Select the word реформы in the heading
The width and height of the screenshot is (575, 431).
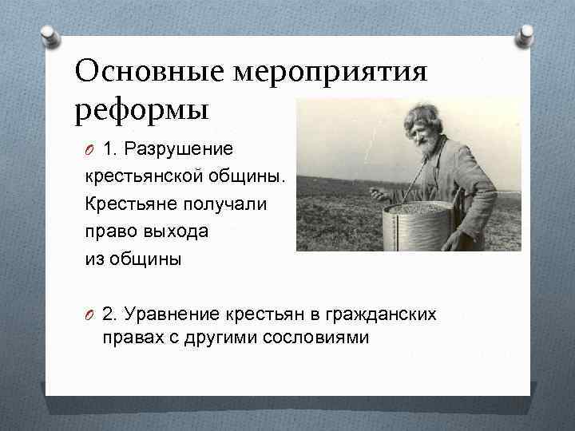(x=141, y=109)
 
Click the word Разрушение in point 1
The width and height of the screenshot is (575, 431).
(x=189, y=149)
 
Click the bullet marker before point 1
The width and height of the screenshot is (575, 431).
(x=90, y=150)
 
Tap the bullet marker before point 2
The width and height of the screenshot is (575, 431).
(x=90, y=314)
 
